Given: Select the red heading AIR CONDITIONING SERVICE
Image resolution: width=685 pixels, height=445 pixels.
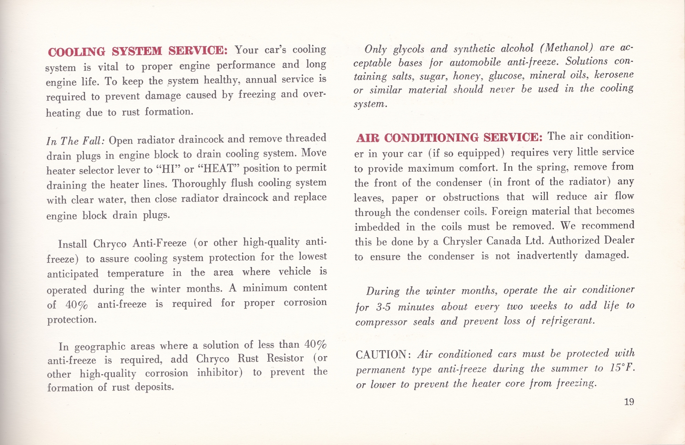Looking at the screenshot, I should click(x=449, y=138).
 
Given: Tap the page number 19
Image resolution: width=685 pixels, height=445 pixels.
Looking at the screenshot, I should click(x=629, y=402).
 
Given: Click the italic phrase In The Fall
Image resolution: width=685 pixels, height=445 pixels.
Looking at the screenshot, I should click(x=75, y=141).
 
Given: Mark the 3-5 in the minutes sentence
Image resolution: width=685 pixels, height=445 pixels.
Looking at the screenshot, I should click(x=383, y=307).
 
